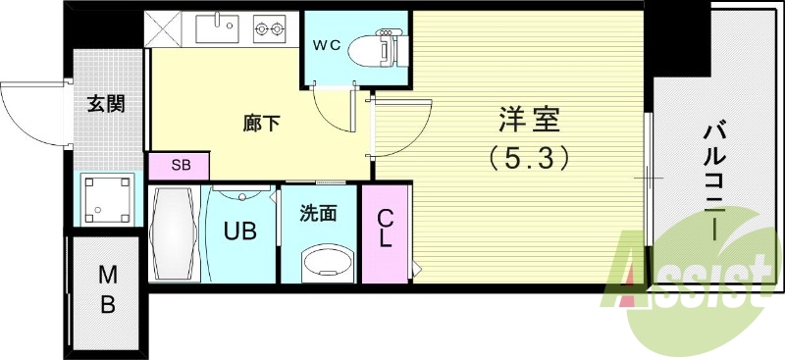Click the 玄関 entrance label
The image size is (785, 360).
105,102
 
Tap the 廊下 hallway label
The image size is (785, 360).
260,124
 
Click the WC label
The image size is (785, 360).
327,44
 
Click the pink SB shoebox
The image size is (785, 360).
180,165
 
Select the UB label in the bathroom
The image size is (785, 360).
240,231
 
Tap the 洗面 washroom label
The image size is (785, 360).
318,212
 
